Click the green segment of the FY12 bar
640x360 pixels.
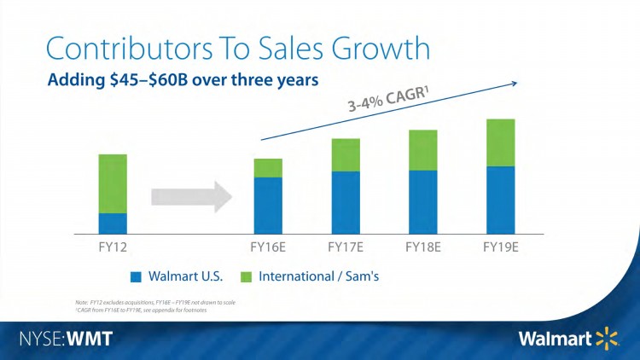pyautogui.click(x=113, y=183)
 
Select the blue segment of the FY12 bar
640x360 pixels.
pyautogui.click(x=113, y=224)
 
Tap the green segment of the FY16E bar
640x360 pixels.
pyautogui.click(x=268, y=167)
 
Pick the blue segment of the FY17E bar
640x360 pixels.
pyautogui.click(x=346, y=202)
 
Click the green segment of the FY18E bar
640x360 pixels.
pyautogui.click(x=423, y=150)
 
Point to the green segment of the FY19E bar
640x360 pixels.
pyautogui.click(x=501, y=142)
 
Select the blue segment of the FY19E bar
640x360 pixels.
pyautogui.click(x=501, y=200)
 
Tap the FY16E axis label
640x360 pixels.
pyautogui.click(x=268, y=248)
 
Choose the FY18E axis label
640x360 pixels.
pyautogui.click(x=423, y=248)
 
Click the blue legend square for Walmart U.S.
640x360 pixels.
pyautogui.click(x=136, y=277)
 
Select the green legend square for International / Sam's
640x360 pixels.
pyautogui.click(x=247, y=277)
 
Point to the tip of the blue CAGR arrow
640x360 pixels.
pyautogui.click(x=517, y=82)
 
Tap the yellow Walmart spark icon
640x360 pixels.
pyautogui.click(x=607, y=339)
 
